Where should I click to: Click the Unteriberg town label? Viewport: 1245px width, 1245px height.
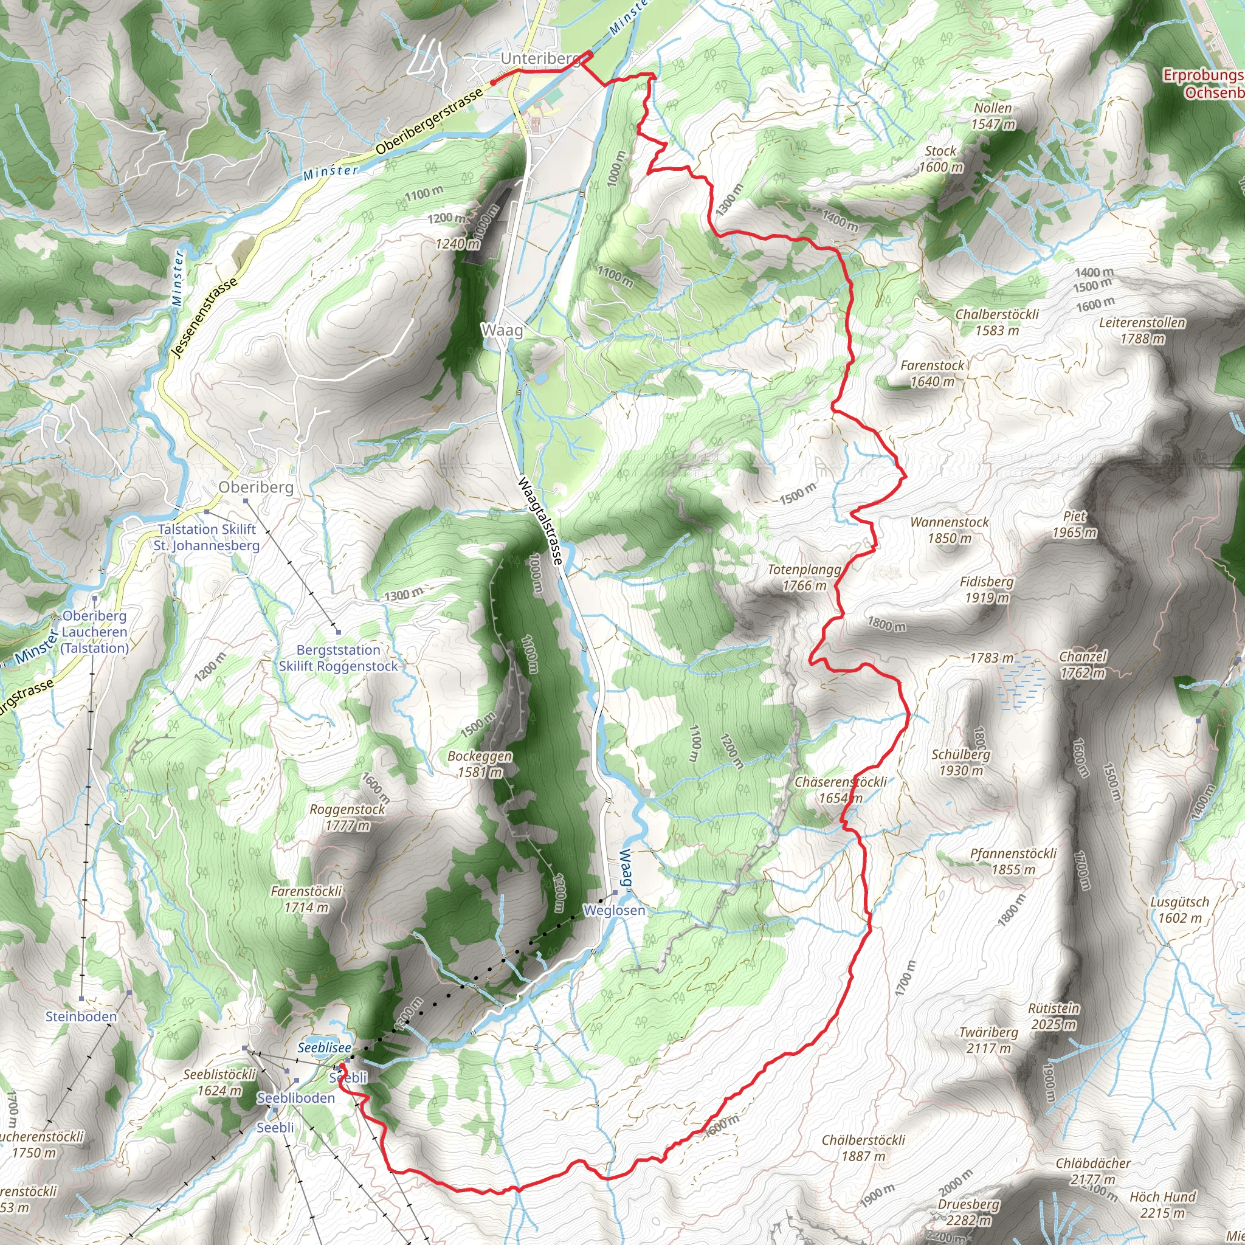click(x=540, y=58)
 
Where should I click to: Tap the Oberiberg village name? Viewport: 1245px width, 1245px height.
click(x=256, y=487)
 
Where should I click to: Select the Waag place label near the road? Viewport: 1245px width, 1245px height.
click(x=502, y=331)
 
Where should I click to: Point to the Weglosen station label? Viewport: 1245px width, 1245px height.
click(x=614, y=910)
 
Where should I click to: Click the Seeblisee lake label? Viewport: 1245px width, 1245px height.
click(x=324, y=1048)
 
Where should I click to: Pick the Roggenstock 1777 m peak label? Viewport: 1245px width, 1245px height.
click(x=347, y=817)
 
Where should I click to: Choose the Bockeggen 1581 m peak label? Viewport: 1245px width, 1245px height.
click(x=480, y=764)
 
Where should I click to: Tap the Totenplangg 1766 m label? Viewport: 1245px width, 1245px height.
click(x=804, y=578)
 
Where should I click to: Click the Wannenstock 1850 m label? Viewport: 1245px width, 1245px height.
click(x=949, y=529)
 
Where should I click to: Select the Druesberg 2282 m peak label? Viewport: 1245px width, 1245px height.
click(x=968, y=1212)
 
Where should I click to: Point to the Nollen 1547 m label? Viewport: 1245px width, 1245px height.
click(x=993, y=116)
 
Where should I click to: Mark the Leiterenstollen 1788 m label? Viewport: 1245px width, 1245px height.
click(x=1142, y=330)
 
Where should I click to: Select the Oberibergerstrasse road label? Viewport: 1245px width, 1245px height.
click(x=429, y=121)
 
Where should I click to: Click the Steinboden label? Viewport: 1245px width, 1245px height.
click(x=81, y=1017)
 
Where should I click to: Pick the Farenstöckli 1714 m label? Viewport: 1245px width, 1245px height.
click(x=306, y=899)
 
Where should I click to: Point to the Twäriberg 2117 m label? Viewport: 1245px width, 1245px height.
click(x=988, y=1040)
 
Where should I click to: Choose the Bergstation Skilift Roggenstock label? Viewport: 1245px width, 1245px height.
click(x=339, y=658)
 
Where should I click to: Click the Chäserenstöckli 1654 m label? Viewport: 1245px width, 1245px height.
click(x=840, y=790)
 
